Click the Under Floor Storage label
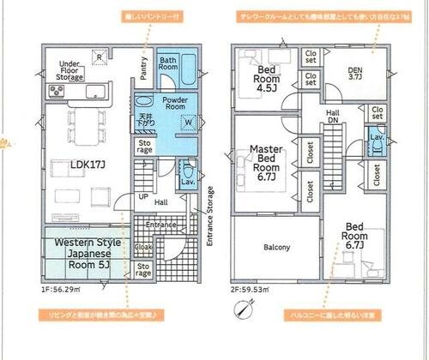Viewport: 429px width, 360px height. pos(69,71)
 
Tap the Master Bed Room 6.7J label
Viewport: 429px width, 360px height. pos(267,164)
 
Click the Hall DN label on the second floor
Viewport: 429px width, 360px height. pos(332,117)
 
